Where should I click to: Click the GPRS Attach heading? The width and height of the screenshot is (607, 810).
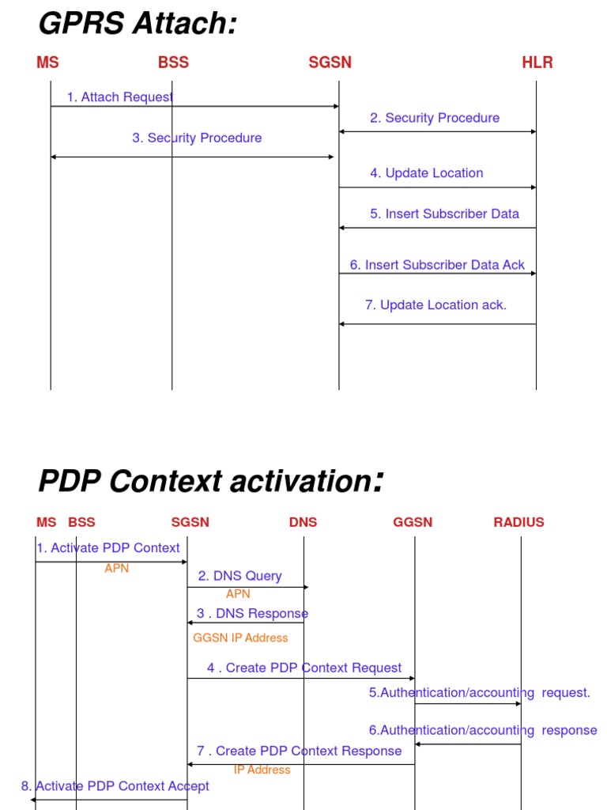pyautogui.click(x=138, y=25)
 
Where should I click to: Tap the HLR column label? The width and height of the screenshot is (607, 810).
pyautogui.click(x=537, y=63)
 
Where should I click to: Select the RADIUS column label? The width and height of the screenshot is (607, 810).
pyautogui.click(x=518, y=522)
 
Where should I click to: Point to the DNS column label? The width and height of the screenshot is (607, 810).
pyautogui.click(x=303, y=522)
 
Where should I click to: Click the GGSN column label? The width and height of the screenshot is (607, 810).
pyautogui.click(x=413, y=522)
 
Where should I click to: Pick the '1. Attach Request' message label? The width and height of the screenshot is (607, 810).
pyautogui.click(x=120, y=97)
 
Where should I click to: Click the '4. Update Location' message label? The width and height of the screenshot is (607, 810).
pyautogui.click(x=427, y=173)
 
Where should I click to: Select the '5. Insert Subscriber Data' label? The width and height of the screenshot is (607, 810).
pyautogui.click(x=445, y=214)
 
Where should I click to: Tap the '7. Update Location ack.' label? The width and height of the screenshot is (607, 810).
pyautogui.click(x=436, y=305)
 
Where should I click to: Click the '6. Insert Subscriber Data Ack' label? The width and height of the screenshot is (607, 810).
pyautogui.click(x=438, y=265)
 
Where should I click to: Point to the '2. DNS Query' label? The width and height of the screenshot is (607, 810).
pyautogui.click(x=240, y=576)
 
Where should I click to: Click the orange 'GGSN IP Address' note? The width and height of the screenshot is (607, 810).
pyautogui.click(x=241, y=638)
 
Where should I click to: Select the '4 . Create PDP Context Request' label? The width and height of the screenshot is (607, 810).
pyautogui.click(x=304, y=668)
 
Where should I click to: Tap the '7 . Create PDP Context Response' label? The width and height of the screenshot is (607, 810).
pyautogui.click(x=300, y=751)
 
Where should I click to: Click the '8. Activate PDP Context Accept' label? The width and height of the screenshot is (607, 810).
pyautogui.click(x=115, y=785)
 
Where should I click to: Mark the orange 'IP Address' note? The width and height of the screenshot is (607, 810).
pyautogui.click(x=262, y=770)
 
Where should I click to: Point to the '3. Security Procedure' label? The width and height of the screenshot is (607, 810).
pyautogui.click(x=197, y=138)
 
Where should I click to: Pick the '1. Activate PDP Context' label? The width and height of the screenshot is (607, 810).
pyautogui.click(x=108, y=547)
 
